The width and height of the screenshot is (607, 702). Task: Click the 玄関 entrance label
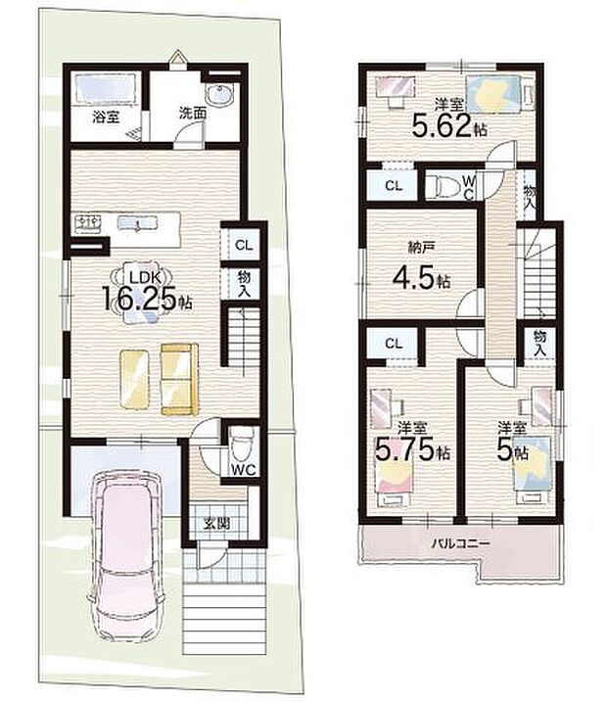pos(217,523)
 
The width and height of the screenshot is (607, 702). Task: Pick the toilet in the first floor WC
pos(241,447)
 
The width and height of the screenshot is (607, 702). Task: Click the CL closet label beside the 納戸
pos(393,185)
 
